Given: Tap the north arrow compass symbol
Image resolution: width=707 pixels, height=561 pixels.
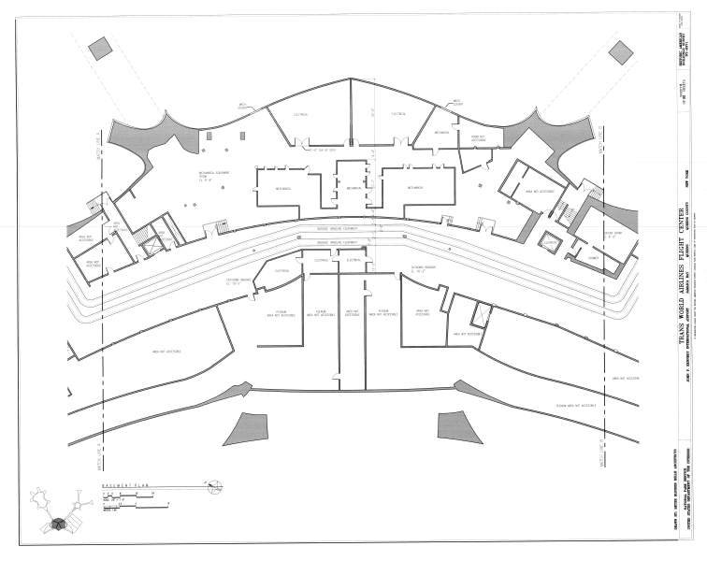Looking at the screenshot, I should [x=214, y=484].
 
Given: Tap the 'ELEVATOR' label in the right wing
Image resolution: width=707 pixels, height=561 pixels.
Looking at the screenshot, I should [x=552, y=244].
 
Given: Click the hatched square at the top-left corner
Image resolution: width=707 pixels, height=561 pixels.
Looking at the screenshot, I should [x=97, y=49].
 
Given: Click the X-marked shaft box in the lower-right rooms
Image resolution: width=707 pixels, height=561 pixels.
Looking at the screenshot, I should [x=482, y=313].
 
